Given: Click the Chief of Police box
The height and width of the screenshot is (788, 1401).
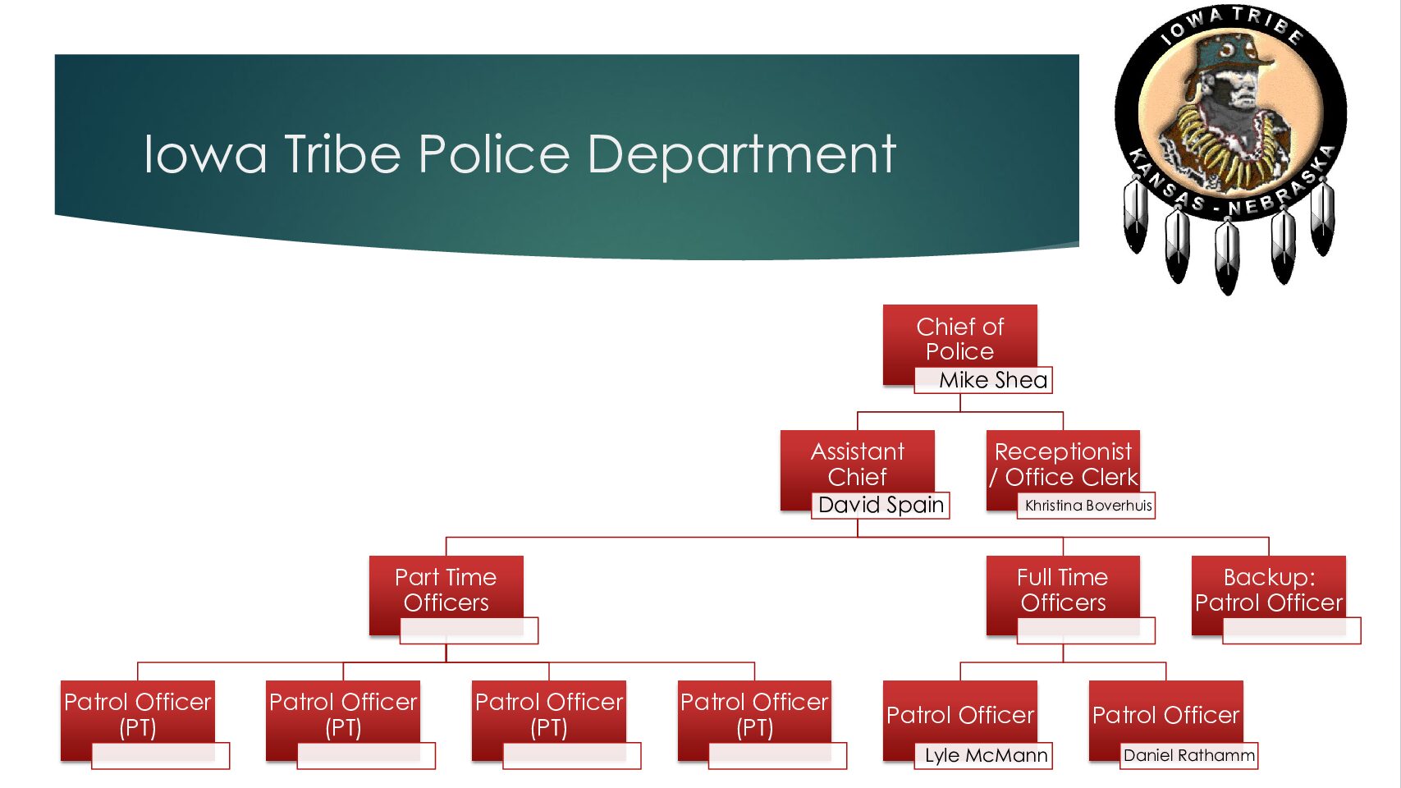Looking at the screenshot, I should pos(959,338).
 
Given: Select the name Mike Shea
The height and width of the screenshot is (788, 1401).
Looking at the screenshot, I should pos(992,380).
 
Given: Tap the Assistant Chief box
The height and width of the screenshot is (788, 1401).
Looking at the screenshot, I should pos(857,464).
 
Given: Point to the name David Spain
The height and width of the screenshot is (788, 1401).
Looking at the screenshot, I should pos(881,505).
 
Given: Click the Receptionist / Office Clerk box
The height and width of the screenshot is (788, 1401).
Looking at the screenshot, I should pos(1063,464).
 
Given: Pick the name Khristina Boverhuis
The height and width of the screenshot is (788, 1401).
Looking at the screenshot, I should pos(1087,506).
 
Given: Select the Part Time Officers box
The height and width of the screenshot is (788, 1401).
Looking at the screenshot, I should pos(446,589).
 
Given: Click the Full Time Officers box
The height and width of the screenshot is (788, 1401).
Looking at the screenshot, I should pos(1062,589).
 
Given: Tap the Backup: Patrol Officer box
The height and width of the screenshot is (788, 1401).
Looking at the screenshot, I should pos(1268,589).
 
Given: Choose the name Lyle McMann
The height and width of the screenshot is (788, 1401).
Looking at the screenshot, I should pos(985,755).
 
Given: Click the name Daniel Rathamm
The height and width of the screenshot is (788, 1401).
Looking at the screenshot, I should pos(1188,755).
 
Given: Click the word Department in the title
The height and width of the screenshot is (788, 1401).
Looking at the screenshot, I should pos(741,154).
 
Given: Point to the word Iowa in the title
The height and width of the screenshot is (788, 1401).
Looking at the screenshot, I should pos(205,154).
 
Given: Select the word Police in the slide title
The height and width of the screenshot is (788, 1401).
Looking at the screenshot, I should pos(493,154).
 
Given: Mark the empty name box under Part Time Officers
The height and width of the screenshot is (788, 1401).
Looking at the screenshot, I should pos(469,630).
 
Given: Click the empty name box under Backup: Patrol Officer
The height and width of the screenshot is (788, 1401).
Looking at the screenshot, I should pos(1291,630).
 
